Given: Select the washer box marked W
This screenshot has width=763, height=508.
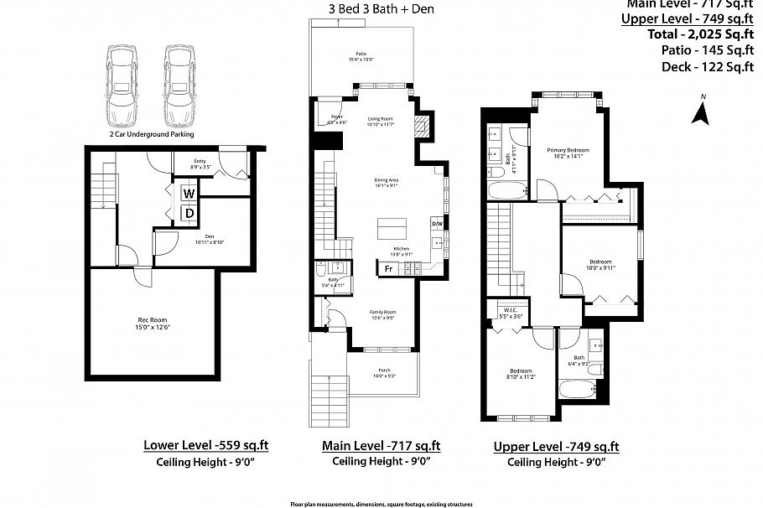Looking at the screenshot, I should pyautogui.click(x=189, y=194).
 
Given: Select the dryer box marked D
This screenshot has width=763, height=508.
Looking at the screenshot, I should pyautogui.click(x=189, y=213).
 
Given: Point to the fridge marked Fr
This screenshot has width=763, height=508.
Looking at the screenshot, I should pyautogui.click(x=388, y=269).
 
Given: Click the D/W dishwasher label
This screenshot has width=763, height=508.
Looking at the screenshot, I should pyautogui.click(x=437, y=225).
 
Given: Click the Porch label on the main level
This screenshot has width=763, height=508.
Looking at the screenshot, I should pyautogui.click(x=384, y=371).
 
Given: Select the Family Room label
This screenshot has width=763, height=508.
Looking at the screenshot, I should pyautogui.click(x=382, y=313).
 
